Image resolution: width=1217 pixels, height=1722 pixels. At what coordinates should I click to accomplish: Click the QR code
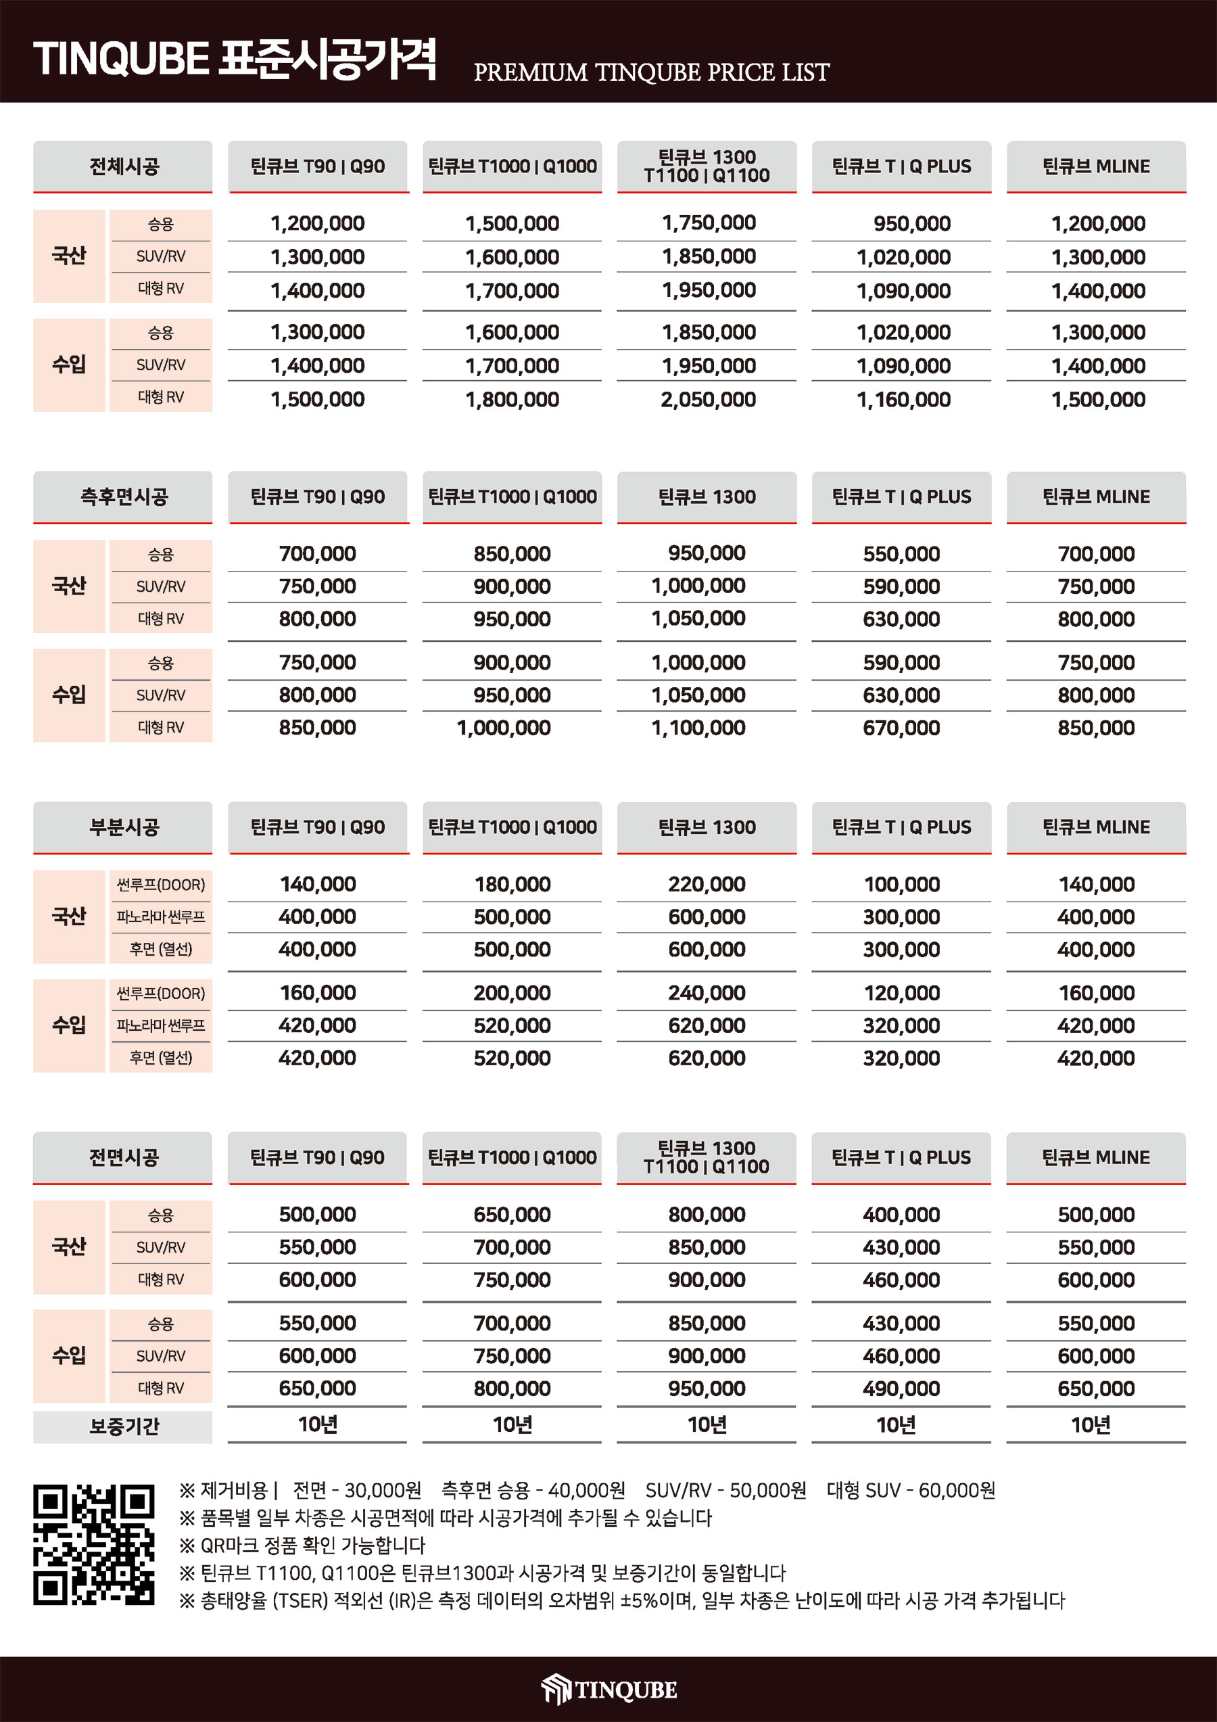(x=94, y=1544)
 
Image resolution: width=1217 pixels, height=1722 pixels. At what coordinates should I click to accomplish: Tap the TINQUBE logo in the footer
(x=609, y=1689)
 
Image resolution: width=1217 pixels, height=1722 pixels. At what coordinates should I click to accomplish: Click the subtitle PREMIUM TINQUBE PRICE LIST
(x=651, y=73)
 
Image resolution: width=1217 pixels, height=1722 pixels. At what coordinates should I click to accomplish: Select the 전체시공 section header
(x=123, y=166)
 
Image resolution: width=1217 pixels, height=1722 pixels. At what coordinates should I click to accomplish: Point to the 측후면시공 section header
(x=123, y=496)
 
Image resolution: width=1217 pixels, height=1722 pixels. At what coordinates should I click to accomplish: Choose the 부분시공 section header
(x=123, y=827)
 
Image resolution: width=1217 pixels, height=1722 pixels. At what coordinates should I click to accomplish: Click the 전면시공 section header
(x=123, y=1157)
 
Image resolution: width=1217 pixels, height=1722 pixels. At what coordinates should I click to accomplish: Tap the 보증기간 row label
(x=123, y=1426)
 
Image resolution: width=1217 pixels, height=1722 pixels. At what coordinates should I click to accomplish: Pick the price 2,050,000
(x=707, y=400)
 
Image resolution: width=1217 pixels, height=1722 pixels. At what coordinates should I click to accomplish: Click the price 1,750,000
(x=707, y=223)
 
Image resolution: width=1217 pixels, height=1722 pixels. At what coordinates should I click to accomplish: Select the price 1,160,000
(x=903, y=400)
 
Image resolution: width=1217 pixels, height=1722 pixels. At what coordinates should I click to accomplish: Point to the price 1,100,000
(x=698, y=728)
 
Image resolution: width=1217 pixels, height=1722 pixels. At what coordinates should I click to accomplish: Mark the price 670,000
(x=901, y=728)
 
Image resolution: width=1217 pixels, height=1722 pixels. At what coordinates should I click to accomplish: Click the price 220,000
(x=707, y=884)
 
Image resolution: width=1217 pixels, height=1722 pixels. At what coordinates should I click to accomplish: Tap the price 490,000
(x=901, y=1389)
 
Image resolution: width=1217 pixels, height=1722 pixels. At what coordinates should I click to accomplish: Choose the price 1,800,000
(x=512, y=400)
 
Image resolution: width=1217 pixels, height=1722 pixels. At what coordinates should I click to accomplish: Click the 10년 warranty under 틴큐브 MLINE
(x=1091, y=1425)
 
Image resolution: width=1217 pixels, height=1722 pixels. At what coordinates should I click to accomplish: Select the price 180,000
(x=512, y=884)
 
